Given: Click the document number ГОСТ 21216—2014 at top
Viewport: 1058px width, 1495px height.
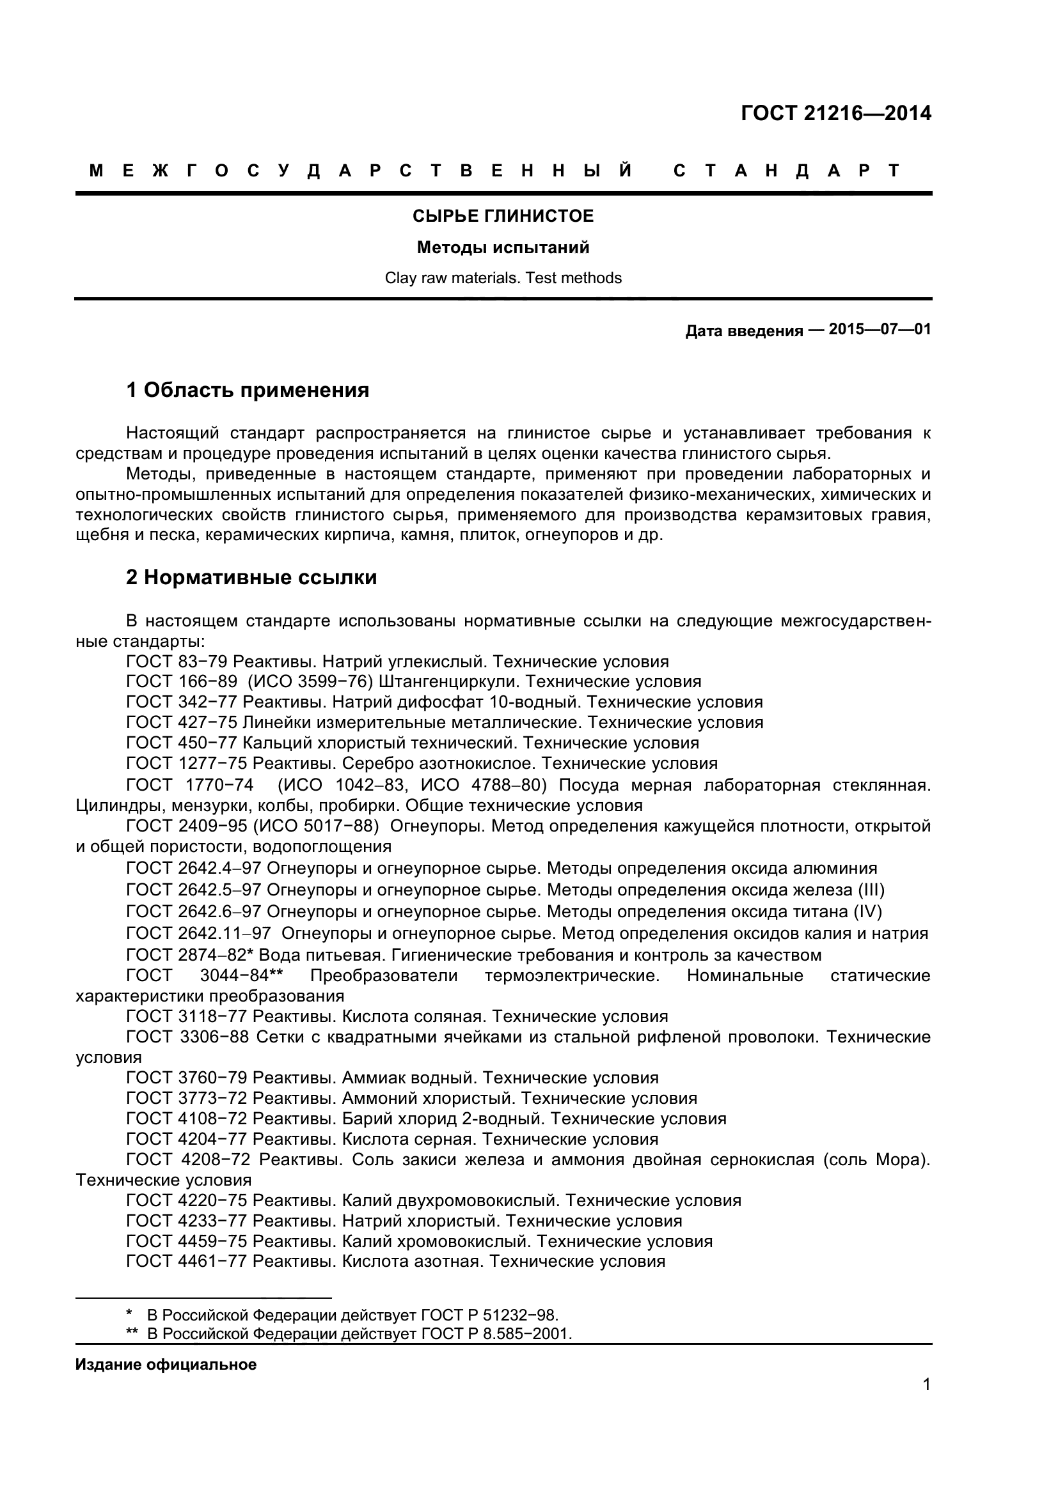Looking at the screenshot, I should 836,113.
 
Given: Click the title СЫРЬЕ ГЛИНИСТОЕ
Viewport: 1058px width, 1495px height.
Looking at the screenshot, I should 503,216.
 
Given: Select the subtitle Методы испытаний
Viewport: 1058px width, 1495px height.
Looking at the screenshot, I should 503,247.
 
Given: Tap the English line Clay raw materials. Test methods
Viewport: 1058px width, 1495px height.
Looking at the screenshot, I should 503,278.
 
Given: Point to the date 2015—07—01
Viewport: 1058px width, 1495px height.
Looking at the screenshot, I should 880,329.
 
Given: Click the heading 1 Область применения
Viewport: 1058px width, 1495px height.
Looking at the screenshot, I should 248,390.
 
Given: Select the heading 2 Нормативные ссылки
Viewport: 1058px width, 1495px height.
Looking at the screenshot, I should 251,577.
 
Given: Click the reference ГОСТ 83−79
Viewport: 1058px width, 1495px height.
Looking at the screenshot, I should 177,662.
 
